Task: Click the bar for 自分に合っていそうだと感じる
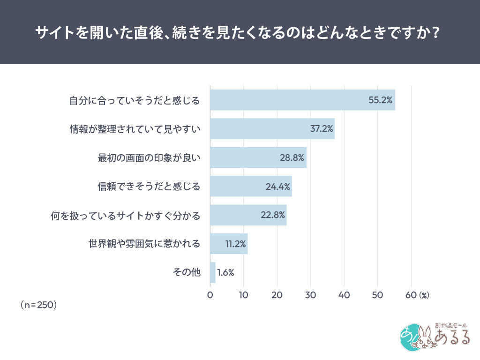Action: click(x=302, y=100)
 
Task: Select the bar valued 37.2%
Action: click(x=272, y=128)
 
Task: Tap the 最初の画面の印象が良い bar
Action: click(x=258, y=157)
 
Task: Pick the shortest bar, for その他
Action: click(x=213, y=272)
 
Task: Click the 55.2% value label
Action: click(x=380, y=100)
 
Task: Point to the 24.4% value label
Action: click(x=277, y=187)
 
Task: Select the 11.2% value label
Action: click(x=236, y=244)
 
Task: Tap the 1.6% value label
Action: click(x=225, y=272)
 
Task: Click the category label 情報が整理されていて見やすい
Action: click(x=135, y=129)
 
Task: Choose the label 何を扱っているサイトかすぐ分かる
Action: click(x=126, y=215)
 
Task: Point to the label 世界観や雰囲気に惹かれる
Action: click(x=144, y=244)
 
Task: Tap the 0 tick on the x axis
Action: click(x=210, y=295)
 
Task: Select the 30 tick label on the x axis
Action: click(x=310, y=295)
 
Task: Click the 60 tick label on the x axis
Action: click(x=411, y=295)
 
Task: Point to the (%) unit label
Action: click(x=424, y=295)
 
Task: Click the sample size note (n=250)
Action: click(x=38, y=305)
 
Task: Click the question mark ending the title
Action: click(x=437, y=33)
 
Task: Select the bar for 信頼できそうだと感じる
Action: click(x=251, y=187)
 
